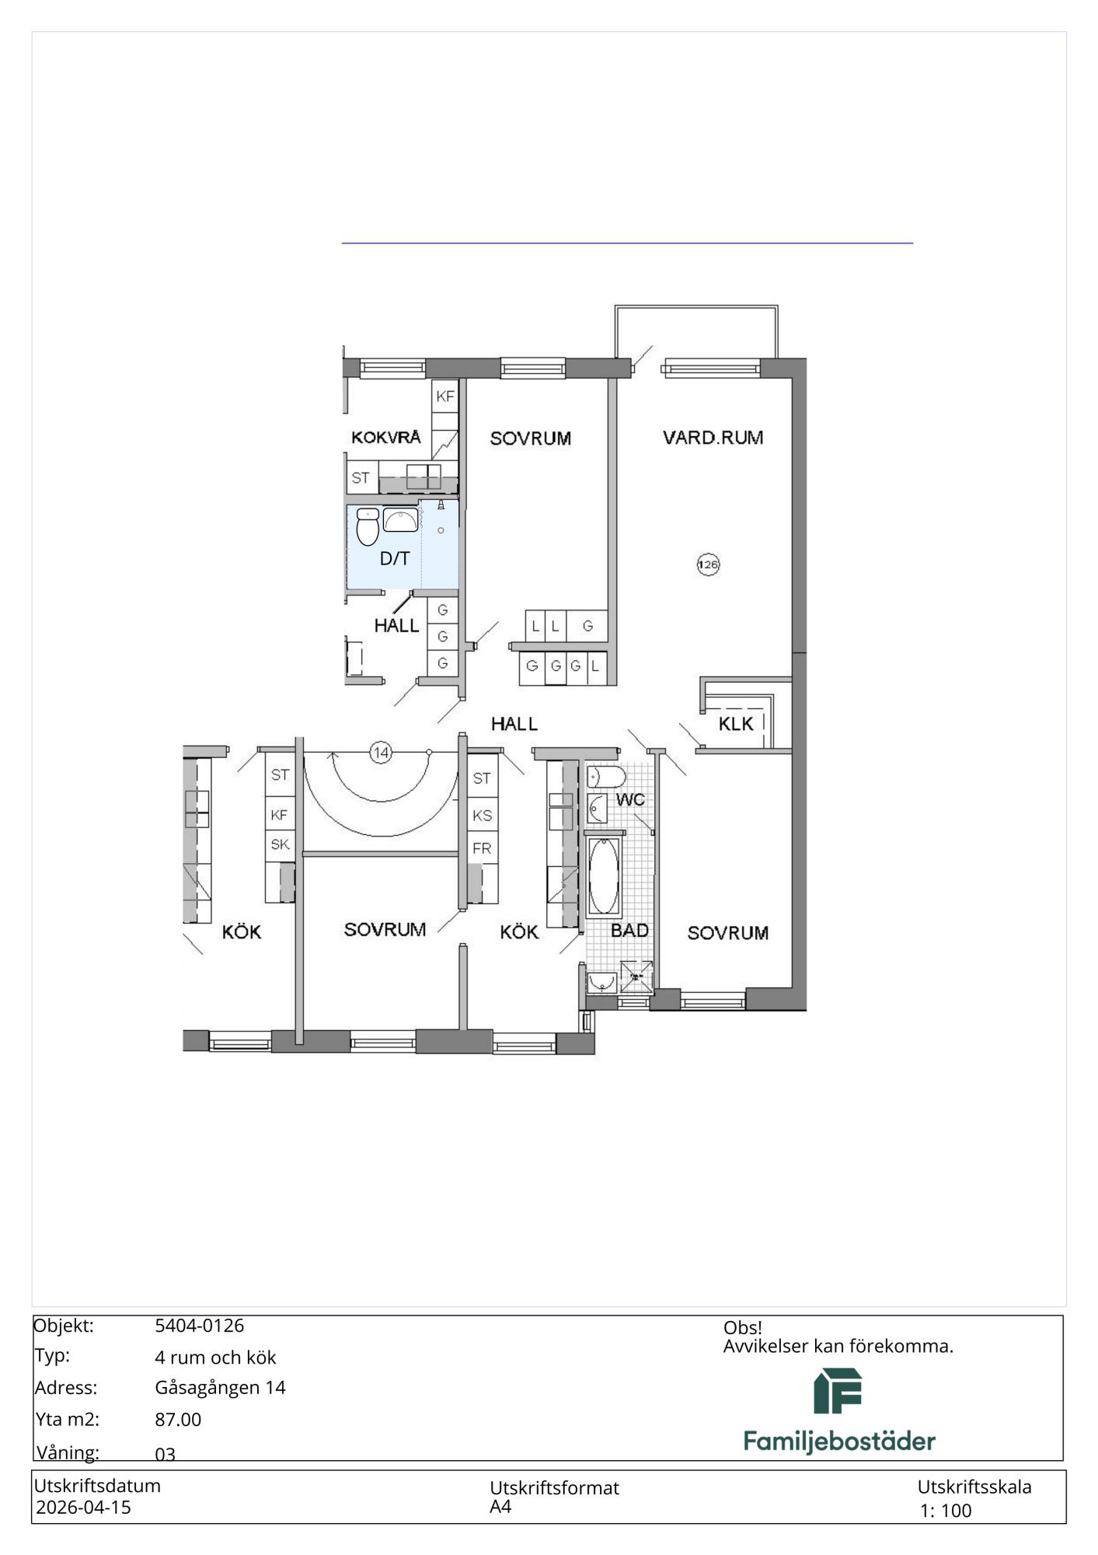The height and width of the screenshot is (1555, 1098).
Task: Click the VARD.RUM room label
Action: click(x=713, y=438)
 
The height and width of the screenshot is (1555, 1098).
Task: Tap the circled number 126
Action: click(x=708, y=564)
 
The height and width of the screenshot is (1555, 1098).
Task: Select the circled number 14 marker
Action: click(x=381, y=753)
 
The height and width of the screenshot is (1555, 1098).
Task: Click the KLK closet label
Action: click(x=736, y=724)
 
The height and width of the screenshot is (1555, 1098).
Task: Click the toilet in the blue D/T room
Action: click(x=368, y=526)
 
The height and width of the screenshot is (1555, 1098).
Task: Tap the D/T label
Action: click(x=395, y=558)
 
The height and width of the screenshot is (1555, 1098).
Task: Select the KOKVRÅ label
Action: click(x=386, y=437)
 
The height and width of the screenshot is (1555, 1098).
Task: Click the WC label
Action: click(x=630, y=799)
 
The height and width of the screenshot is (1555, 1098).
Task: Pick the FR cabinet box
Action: click(x=482, y=847)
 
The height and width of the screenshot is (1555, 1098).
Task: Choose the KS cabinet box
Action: click(x=482, y=816)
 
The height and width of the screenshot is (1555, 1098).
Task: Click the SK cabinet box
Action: click(x=280, y=844)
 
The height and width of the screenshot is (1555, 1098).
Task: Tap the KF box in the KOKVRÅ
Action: click(x=445, y=397)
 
